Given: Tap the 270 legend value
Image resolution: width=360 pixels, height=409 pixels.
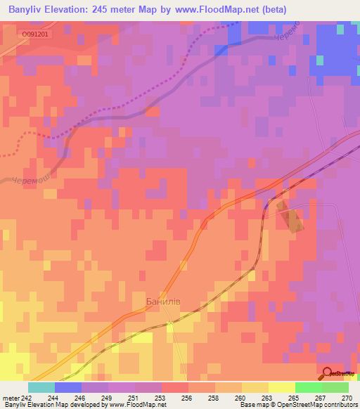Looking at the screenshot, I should (347, 397).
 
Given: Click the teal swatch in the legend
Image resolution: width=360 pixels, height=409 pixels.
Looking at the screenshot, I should (41, 387).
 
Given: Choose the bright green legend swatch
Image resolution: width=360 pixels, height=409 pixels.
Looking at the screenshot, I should (308, 387).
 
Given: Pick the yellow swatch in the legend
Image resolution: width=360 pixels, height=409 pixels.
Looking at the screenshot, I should (281, 387).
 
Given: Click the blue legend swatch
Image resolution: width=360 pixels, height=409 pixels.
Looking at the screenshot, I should (67, 387).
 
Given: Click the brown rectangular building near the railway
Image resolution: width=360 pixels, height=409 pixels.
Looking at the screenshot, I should (292, 218).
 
